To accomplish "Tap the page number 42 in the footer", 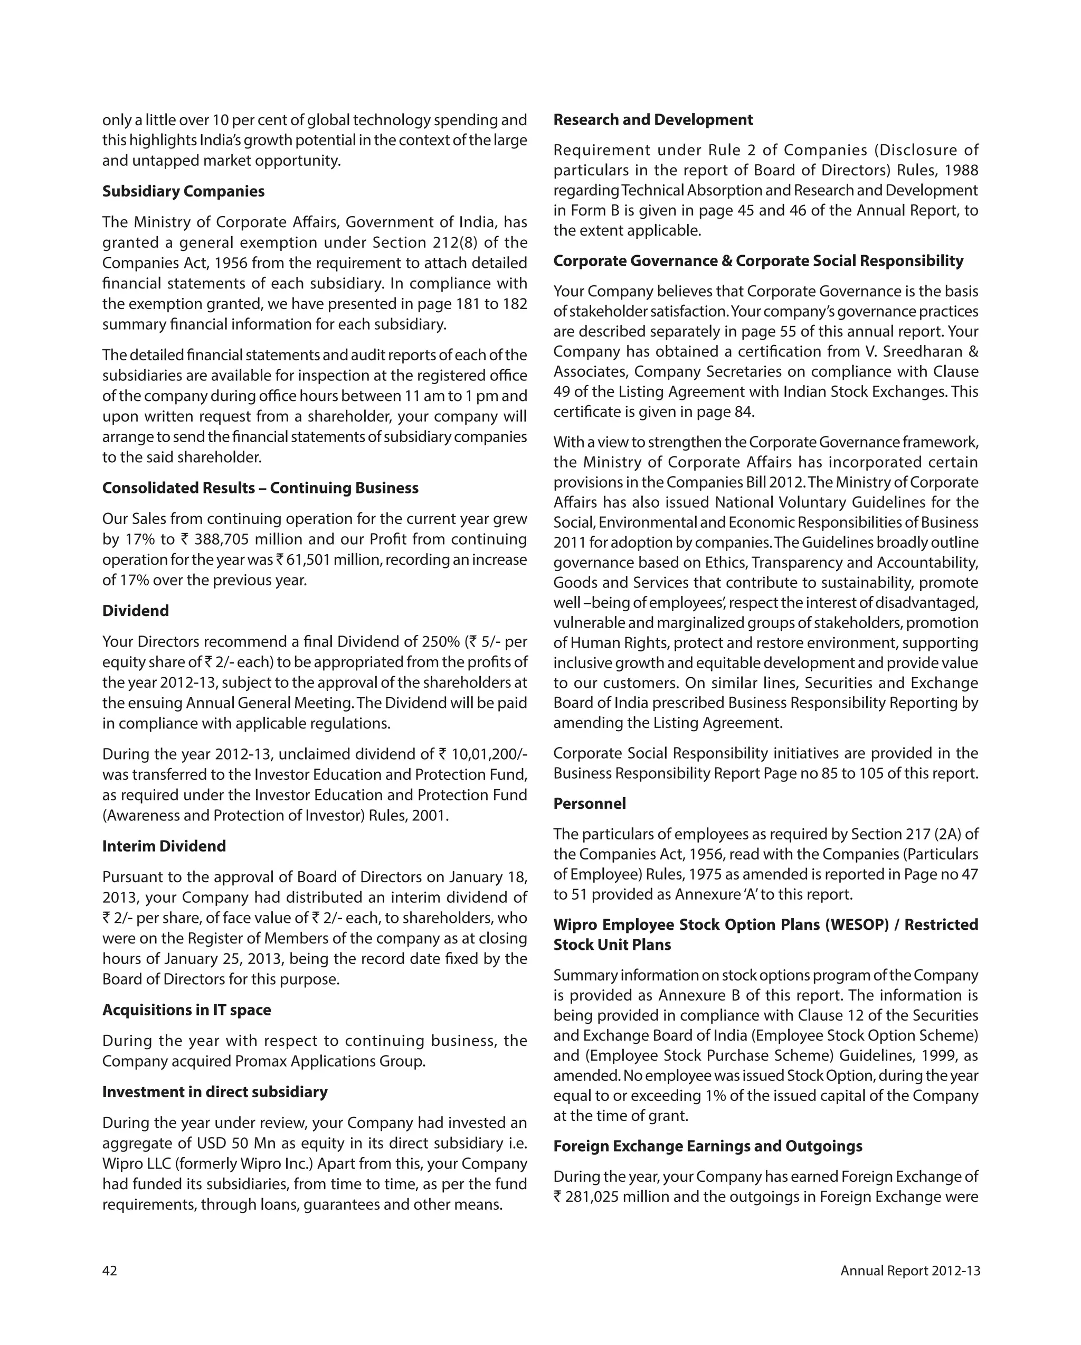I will click(x=110, y=1271).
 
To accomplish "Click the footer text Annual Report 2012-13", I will click(x=909, y=1271).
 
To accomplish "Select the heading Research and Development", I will click(x=653, y=120).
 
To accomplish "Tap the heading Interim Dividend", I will click(x=164, y=846).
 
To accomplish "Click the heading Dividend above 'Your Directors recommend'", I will click(x=135, y=611).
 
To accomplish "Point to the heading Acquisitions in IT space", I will click(x=186, y=1010).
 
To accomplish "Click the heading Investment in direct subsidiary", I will click(x=214, y=1092).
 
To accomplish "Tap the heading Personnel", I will click(x=589, y=804).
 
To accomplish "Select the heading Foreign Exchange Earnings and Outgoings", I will click(x=708, y=1146).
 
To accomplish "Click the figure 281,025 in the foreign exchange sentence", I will click(x=592, y=1197).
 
